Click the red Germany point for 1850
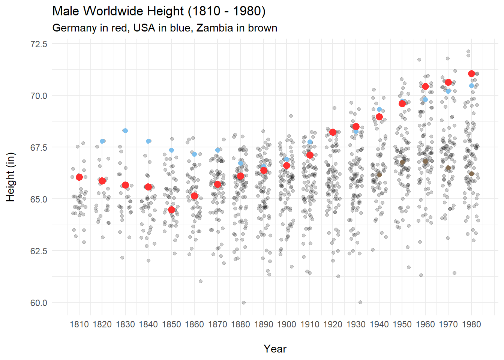click(x=171, y=210)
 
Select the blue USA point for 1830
click(x=125, y=130)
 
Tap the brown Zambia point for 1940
click(x=379, y=174)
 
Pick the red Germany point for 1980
click(x=471, y=74)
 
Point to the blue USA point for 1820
click(x=102, y=141)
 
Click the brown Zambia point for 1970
click(x=448, y=168)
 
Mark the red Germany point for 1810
click(x=79, y=177)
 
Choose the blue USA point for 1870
click(x=218, y=150)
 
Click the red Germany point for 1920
click(x=333, y=132)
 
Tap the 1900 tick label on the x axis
click(x=287, y=324)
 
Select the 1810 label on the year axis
click(x=79, y=324)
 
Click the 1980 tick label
click(x=471, y=324)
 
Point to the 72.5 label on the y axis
click(x=39, y=44)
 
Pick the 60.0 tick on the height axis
click(x=39, y=303)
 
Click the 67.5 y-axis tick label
click(x=39, y=148)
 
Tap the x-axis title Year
click(x=275, y=349)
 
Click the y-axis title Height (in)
click(x=10, y=177)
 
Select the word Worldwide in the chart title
click(x=114, y=11)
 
